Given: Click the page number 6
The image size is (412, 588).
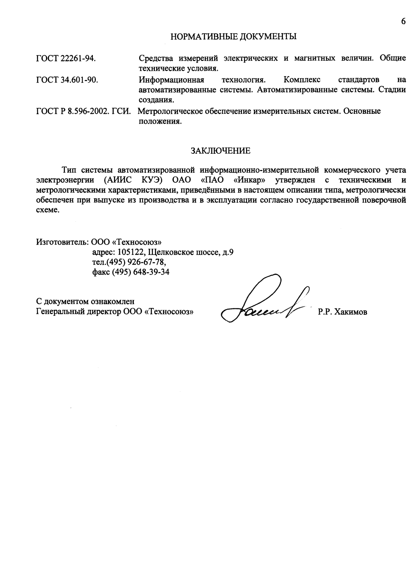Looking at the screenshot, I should click(403, 21).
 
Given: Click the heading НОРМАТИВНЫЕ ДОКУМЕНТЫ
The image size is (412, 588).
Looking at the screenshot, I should click(234, 37).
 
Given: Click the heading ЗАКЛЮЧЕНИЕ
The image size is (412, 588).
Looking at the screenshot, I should click(220, 151).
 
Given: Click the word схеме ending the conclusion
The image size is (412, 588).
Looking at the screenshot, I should click(48, 210).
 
